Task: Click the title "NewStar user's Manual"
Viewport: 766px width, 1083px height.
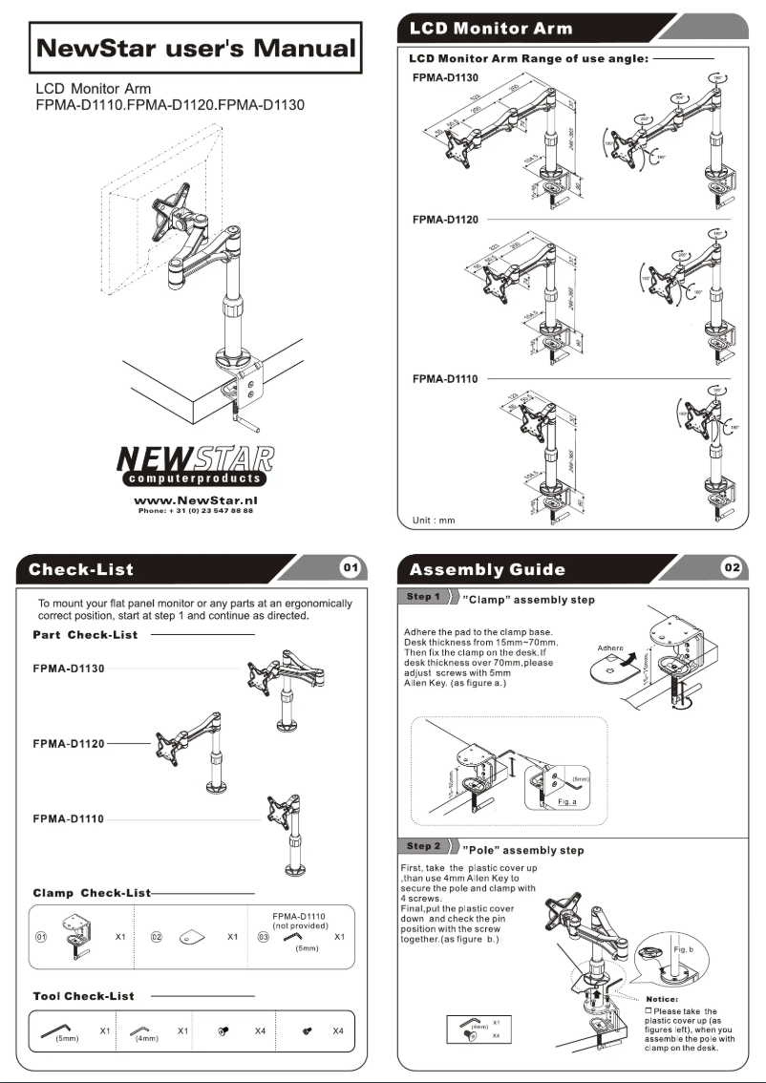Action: tap(195, 48)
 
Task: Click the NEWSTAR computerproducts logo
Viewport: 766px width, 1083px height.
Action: tap(195, 464)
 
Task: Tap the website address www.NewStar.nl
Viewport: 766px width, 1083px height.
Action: tap(195, 499)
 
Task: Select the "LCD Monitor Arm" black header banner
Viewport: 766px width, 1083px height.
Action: tap(491, 28)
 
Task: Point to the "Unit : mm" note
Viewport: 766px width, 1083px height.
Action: tap(434, 520)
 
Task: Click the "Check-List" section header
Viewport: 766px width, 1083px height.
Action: tap(81, 570)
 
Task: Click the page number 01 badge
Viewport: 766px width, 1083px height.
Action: tap(351, 568)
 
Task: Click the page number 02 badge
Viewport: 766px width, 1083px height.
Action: tap(732, 568)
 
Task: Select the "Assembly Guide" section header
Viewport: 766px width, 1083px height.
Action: tap(487, 570)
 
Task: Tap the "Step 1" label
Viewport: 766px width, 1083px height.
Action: tap(423, 598)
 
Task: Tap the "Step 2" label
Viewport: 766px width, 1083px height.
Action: tap(423, 846)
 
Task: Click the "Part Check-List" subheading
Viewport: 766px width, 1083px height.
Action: tap(85, 634)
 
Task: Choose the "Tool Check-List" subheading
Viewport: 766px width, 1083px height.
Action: tap(83, 996)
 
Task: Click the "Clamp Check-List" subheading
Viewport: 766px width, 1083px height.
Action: tap(92, 893)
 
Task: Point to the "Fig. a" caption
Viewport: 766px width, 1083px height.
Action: tap(567, 801)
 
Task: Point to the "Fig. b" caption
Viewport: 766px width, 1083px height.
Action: tap(683, 950)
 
